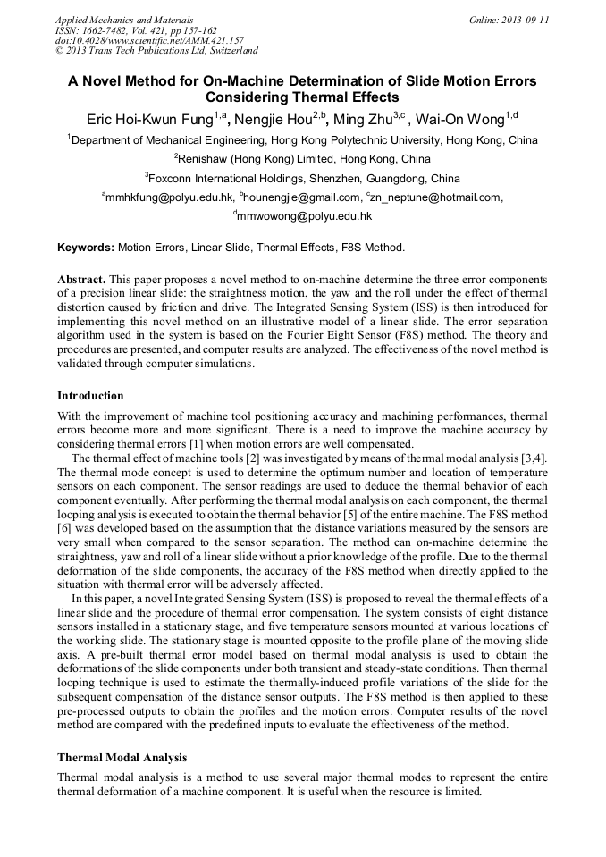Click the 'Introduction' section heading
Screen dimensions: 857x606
[x=90, y=396]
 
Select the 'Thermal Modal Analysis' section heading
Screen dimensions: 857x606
[x=122, y=758]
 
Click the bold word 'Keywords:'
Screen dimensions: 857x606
[x=86, y=248]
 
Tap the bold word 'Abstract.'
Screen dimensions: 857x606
[x=82, y=280]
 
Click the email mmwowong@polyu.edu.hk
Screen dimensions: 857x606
[x=305, y=216]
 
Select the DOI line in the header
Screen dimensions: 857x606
[x=149, y=40]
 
